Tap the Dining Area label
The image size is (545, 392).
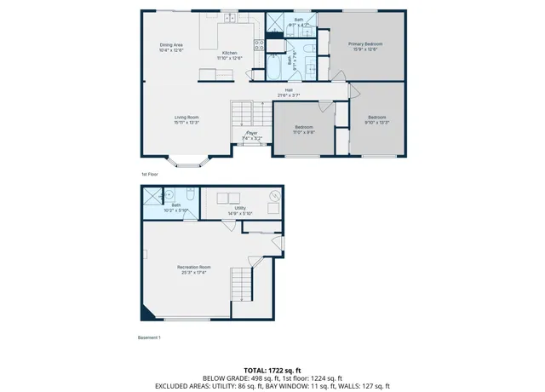click(171, 44)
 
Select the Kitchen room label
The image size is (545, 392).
click(230, 53)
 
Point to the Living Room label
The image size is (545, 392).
click(186, 117)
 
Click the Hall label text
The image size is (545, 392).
click(290, 89)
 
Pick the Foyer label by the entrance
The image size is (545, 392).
click(252, 133)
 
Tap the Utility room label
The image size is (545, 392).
click(241, 207)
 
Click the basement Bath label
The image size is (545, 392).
click(176, 205)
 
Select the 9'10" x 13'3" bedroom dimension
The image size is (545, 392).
click(377, 122)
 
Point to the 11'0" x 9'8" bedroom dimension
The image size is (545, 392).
click(304, 131)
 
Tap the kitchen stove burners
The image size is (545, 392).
click(258, 46)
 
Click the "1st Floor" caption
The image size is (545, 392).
click(151, 173)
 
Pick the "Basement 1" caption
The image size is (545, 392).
click(149, 338)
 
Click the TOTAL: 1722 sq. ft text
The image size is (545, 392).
click(272, 369)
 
